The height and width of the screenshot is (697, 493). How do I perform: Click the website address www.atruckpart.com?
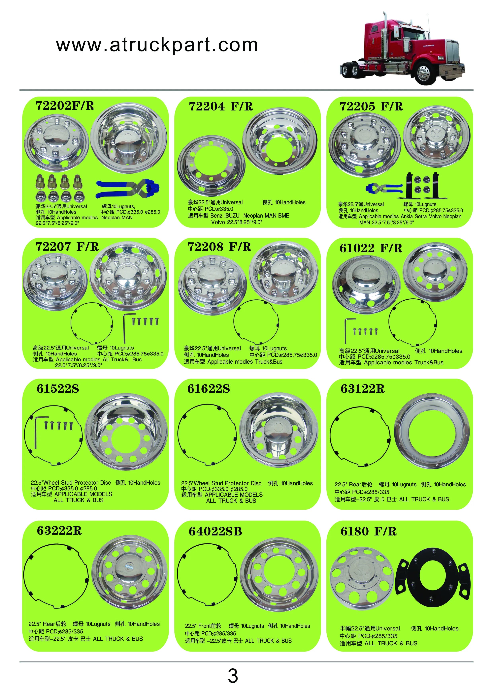(157, 45)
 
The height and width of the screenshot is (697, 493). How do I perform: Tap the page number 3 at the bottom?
(233, 676)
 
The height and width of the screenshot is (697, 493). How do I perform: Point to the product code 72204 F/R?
(221, 106)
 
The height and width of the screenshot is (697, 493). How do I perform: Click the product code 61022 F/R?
(371, 248)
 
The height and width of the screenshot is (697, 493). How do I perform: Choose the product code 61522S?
(58, 389)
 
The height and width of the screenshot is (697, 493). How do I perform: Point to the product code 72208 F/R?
(219, 247)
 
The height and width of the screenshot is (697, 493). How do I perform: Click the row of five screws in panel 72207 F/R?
(145, 321)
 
